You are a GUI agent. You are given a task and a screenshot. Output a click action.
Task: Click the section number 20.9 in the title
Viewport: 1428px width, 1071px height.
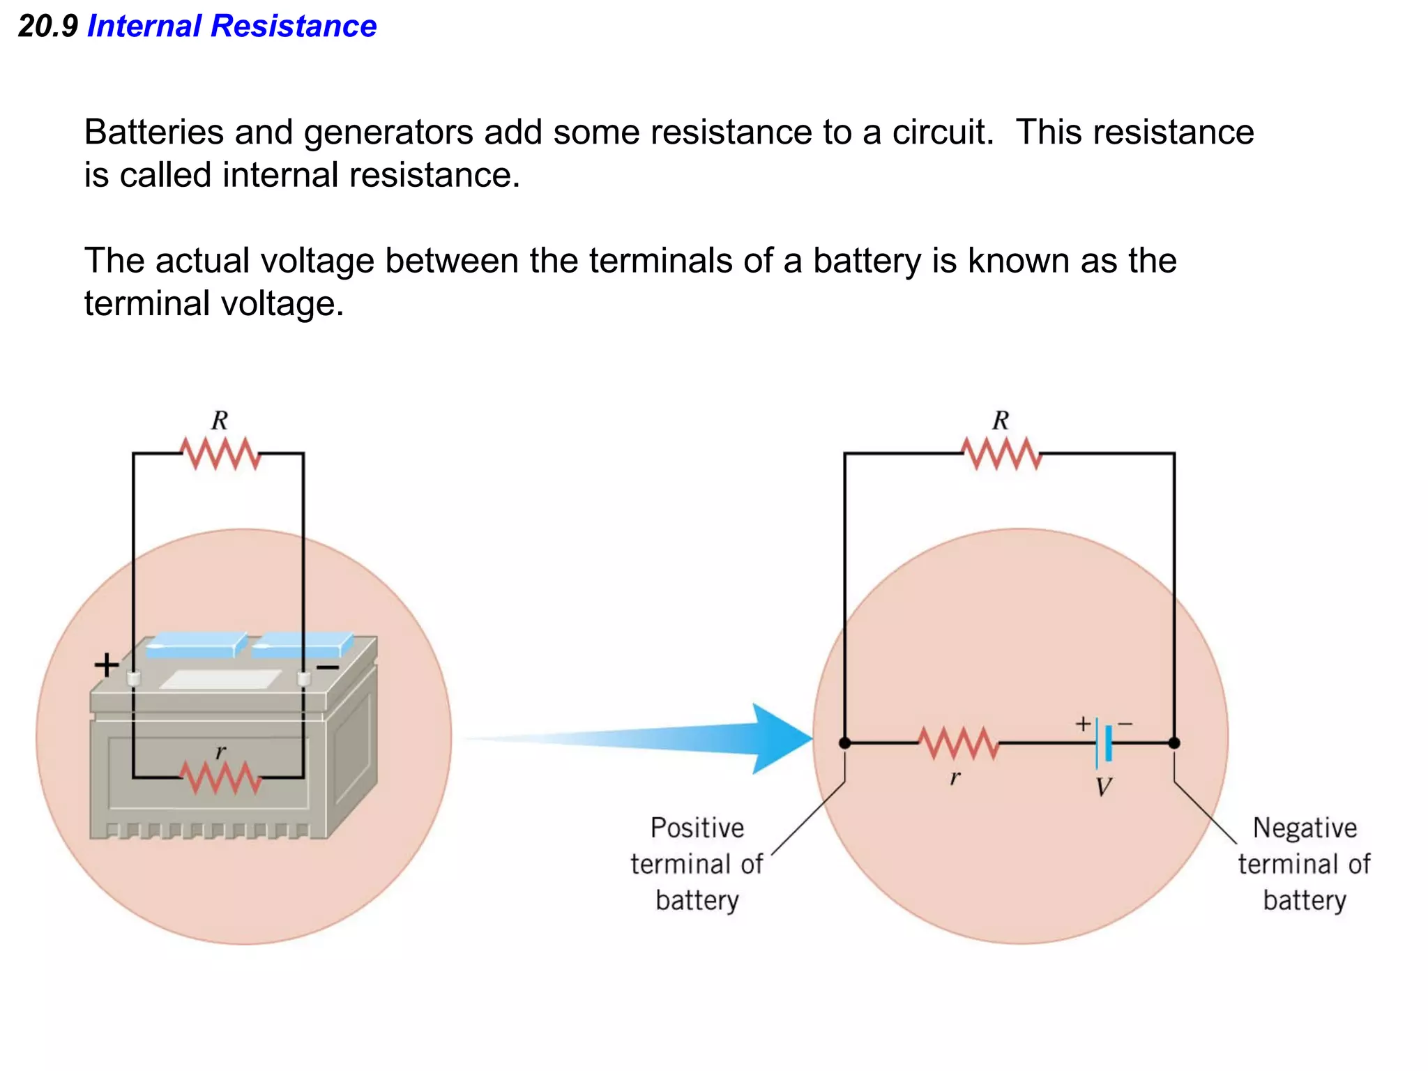click(47, 26)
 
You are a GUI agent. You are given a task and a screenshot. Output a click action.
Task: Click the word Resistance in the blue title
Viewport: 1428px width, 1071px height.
click(294, 26)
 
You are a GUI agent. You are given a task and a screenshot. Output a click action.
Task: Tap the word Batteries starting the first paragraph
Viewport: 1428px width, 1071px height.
click(153, 132)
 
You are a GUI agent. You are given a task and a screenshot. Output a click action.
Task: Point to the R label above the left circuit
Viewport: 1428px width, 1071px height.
click(220, 420)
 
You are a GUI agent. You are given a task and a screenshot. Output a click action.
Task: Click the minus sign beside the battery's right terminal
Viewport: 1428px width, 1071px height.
click(328, 668)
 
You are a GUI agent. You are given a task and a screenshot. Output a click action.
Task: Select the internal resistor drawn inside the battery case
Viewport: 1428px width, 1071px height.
click(220, 777)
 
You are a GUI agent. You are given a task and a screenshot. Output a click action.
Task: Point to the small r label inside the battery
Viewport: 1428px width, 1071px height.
click(220, 752)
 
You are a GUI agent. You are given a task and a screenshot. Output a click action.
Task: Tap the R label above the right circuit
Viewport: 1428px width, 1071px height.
click(1001, 420)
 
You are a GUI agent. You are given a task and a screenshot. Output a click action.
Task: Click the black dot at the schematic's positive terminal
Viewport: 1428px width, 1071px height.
click(844, 743)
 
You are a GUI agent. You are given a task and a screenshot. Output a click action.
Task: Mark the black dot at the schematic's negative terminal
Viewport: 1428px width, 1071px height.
click(1174, 743)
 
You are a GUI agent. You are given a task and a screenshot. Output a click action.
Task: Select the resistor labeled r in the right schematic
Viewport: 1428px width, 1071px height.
click(958, 743)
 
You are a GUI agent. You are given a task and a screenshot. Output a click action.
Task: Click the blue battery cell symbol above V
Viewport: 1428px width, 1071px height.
click(1104, 743)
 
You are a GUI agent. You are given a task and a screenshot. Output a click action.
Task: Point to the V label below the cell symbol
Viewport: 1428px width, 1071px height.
click(1103, 787)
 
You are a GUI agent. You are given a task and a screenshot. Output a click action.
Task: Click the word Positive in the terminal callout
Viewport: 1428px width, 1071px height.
click(697, 828)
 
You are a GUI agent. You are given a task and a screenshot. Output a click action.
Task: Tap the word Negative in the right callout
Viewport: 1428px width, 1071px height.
click(1305, 828)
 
